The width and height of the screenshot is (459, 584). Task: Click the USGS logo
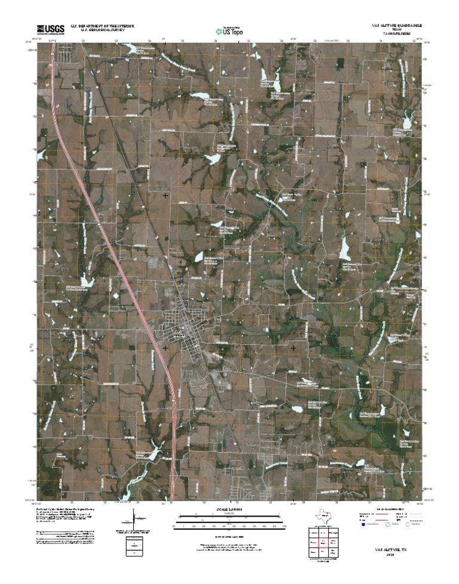pos(51,29)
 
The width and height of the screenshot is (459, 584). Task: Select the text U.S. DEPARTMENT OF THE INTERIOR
pos(102,26)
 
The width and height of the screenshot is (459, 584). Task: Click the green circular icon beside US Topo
pos(218,30)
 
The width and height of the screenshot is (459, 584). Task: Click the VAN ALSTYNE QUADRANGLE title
pos(396,27)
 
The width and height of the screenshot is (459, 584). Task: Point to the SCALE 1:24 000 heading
pos(229,509)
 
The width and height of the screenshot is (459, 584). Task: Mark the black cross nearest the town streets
pos(166,347)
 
